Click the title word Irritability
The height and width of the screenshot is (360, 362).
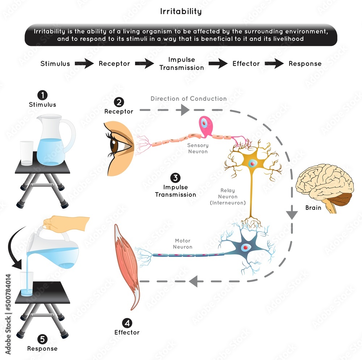181,11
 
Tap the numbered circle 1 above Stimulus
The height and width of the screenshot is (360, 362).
43,95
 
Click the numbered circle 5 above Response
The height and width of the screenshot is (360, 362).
42,339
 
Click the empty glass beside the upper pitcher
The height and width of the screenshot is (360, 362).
26,153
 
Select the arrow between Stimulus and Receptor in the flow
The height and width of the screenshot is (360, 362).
84,64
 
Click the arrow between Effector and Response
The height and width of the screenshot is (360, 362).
274,64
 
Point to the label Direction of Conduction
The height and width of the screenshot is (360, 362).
189,98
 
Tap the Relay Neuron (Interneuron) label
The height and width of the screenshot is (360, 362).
228,196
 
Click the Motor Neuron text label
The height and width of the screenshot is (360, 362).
182,244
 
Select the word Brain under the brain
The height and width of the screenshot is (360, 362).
313,208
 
